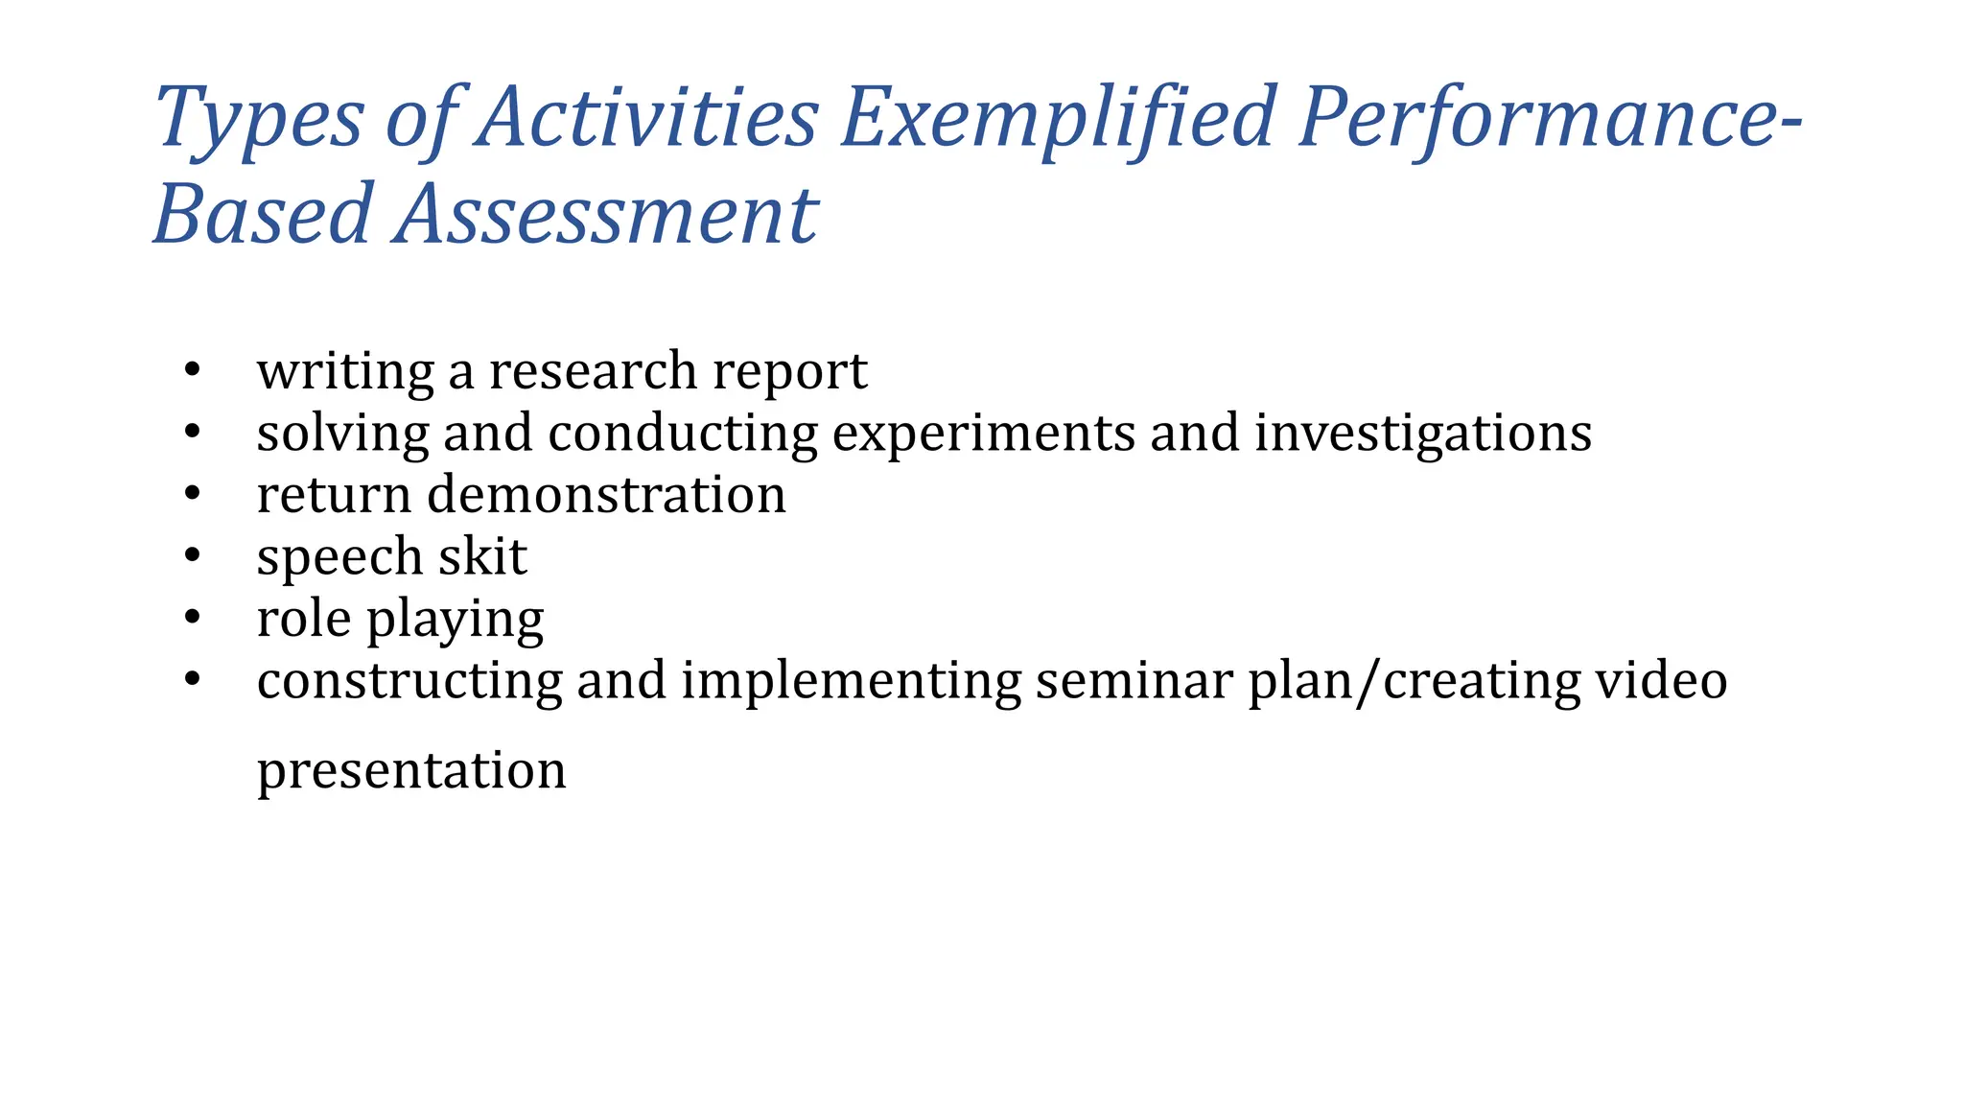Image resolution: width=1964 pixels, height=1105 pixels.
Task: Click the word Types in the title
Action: (259, 119)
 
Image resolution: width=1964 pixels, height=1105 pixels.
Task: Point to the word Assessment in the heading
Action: (605, 214)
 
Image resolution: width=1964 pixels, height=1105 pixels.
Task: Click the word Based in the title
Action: (263, 214)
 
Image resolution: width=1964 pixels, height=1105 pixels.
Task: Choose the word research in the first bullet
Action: (593, 372)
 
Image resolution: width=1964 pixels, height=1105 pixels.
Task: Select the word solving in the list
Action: (342, 435)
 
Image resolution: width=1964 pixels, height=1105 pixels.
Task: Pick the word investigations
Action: (1423, 434)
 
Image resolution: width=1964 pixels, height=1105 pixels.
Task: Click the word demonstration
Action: (606, 495)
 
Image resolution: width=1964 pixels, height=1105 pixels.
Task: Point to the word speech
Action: (339, 558)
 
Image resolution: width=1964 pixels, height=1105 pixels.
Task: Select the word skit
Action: (482, 556)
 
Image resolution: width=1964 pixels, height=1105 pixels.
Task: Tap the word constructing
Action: (409, 682)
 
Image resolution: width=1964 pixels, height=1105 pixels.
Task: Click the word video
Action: (1661, 680)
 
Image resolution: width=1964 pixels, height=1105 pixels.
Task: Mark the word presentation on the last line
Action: (411, 771)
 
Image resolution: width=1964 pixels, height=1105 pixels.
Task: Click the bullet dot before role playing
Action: (193, 618)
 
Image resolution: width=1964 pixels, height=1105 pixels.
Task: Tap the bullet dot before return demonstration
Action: (193, 494)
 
